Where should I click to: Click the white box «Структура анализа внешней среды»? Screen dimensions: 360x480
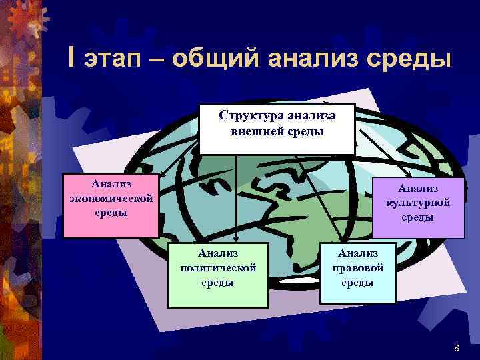click(x=277, y=129)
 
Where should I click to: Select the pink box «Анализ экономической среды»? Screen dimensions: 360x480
click(x=111, y=205)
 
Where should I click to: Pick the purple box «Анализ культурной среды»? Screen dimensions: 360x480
click(x=418, y=207)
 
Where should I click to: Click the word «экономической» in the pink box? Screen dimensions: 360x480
click(x=111, y=199)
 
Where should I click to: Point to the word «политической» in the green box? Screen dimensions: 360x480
click(x=218, y=267)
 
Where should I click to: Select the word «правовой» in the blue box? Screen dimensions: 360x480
click(x=358, y=267)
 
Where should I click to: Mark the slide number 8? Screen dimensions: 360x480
click(x=456, y=347)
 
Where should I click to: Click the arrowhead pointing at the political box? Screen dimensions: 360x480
click(x=235, y=238)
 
